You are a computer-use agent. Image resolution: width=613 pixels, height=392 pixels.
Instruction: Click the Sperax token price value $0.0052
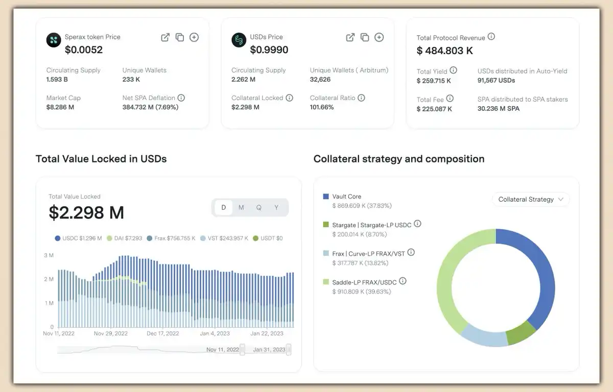[x=84, y=50]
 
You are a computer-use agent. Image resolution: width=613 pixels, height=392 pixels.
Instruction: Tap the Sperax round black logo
[x=54, y=40]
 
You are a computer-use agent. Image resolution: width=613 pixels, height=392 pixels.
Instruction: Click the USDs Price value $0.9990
[x=269, y=50]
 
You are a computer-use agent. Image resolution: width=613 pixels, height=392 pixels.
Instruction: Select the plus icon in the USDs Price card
[x=379, y=37]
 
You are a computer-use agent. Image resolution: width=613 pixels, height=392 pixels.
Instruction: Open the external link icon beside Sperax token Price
[x=165, y=37]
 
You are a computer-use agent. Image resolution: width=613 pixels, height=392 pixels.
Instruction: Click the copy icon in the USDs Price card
[x=365, y=37]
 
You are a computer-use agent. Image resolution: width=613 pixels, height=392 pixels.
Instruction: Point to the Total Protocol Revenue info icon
[x=491, y=37]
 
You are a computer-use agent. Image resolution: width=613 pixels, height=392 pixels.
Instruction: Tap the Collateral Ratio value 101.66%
[x=322, y=107]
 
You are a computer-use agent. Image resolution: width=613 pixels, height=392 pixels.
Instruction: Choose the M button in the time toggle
[x=241, y=208]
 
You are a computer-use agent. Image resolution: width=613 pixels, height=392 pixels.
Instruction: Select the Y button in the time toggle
[x=276, y=208]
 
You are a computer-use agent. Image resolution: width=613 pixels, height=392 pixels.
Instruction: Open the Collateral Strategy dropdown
[x=530, y=200]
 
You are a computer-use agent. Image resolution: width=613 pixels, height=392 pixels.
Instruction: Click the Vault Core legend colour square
[x=326, y=197]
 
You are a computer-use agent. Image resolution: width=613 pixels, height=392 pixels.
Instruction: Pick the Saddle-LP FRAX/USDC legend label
[x=364, y=282]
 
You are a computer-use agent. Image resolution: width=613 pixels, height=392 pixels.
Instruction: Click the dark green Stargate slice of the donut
[x=521, y=332]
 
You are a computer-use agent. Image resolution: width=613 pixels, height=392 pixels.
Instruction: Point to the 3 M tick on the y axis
[x=49, y=255]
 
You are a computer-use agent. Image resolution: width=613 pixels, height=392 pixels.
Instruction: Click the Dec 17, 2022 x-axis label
[x=162, y=334]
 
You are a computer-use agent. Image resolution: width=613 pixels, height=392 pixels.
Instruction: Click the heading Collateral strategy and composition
[x=399, y=159]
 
